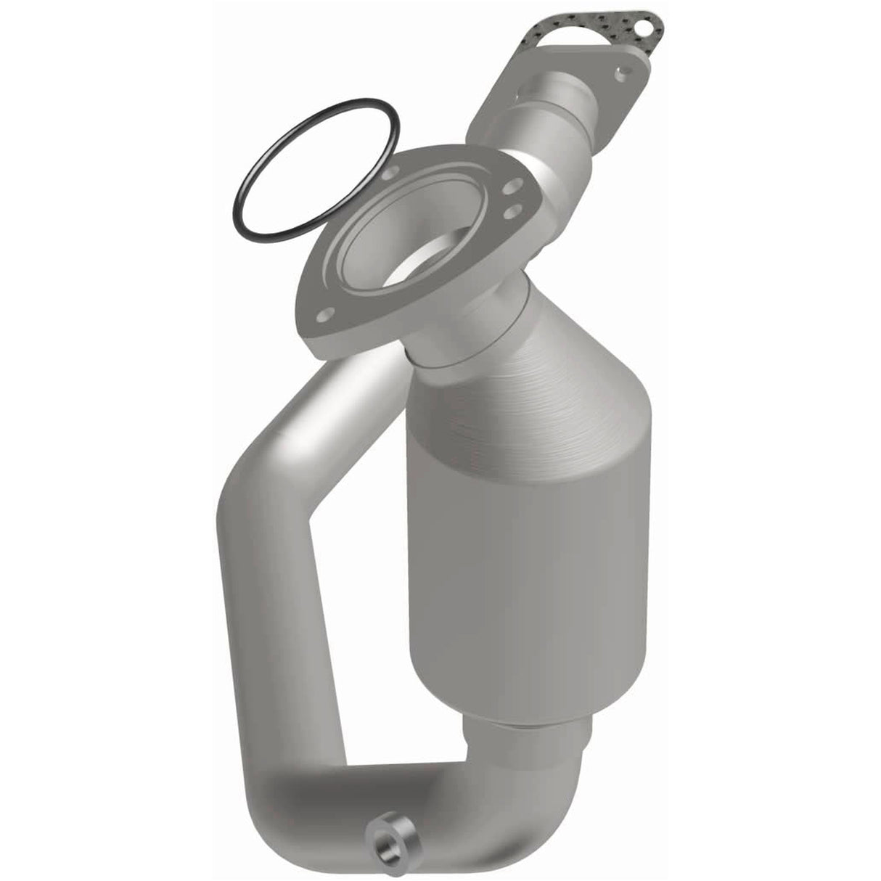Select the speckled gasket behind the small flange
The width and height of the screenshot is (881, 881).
point(581,36)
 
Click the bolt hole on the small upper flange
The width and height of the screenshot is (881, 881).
point(622,73)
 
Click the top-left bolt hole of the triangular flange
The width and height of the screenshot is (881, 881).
point(393,174)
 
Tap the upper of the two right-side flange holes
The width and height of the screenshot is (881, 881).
point(512,187)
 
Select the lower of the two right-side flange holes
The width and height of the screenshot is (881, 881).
point(516,210)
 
